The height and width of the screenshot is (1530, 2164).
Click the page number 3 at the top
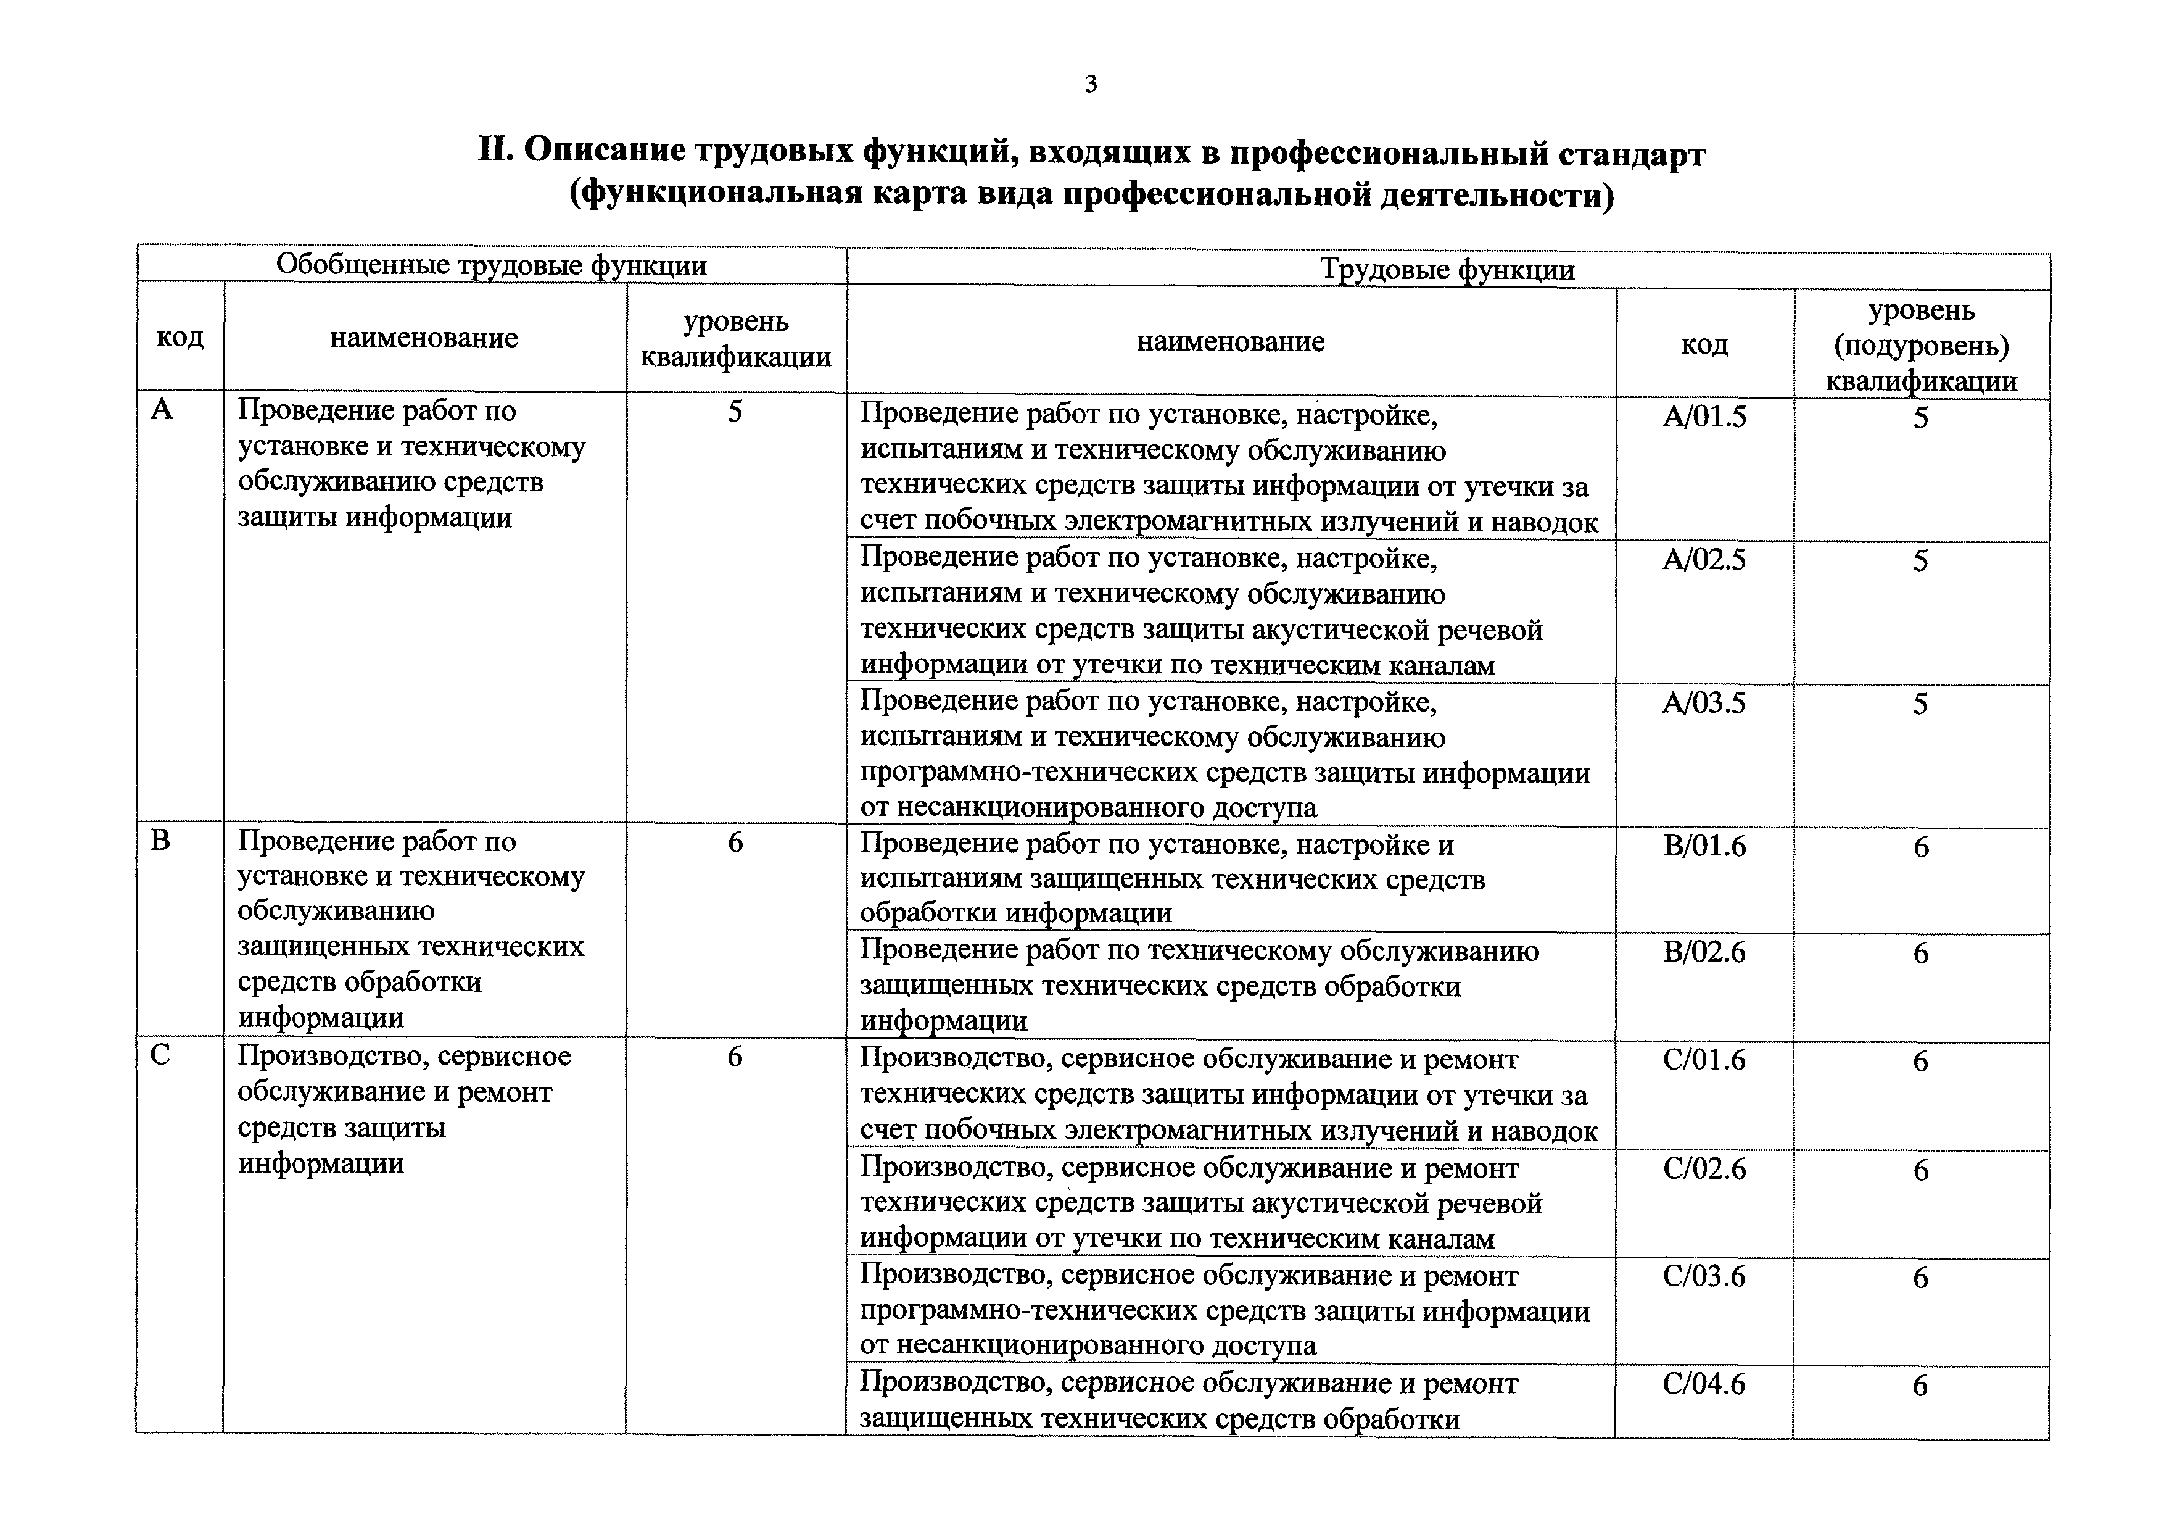[1091, 85]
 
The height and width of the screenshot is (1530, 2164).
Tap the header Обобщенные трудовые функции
[491, 265]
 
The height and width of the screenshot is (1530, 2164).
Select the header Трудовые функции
[1447, 270]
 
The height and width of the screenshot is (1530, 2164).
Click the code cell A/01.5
[1704, 417]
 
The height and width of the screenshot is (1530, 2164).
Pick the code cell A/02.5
[1704, 560]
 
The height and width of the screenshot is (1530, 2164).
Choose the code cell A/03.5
[1704, 703]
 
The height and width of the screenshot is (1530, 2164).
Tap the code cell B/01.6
[1704, 846]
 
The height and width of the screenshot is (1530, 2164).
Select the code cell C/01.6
[1704, 1060]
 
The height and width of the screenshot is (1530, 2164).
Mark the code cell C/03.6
[1704, 1276]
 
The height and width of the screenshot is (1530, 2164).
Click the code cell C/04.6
[1704, 1383]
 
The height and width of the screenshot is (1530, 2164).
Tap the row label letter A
[162, 410]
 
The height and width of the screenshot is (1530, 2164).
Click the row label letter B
[160, 840]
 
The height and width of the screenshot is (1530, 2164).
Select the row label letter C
[160, 1055]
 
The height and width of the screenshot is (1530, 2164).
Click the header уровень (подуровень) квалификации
[1921, 345]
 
